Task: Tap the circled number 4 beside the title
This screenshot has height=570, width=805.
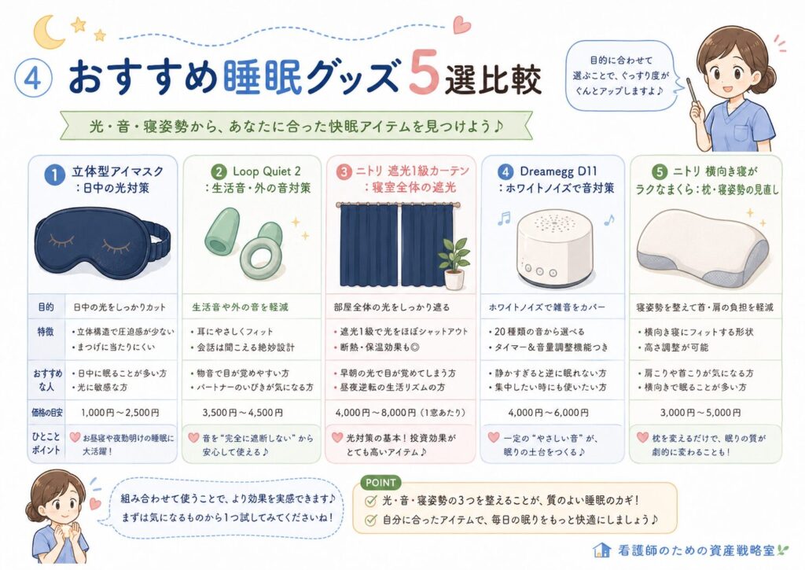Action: [33, 79]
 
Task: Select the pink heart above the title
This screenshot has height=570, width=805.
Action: [461, 24]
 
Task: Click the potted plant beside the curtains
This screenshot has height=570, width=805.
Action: [454, 263]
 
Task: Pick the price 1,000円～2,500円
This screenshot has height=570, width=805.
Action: [120, 412]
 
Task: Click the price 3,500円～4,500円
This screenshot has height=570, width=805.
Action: [242, 412]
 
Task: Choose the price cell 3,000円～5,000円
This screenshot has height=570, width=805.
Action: [700, 412]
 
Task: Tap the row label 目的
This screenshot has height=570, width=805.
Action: [46, 307]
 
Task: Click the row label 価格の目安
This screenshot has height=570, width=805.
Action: [46, 412]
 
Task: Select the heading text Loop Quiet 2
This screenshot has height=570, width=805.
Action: [267, 171]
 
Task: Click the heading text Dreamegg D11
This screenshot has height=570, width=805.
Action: [559, 171]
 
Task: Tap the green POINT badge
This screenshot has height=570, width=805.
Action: [380, 483]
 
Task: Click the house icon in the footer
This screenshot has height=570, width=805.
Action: [601, 550]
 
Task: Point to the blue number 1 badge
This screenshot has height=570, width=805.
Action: [54, 175]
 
